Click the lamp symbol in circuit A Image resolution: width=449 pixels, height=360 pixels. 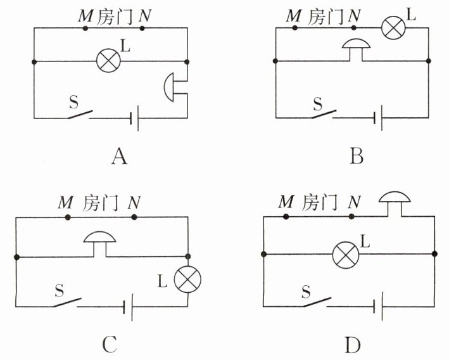pyautogui.click(x=108, y=60)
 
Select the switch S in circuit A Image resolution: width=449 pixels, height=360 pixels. pyautogui.click(x=80, y=114)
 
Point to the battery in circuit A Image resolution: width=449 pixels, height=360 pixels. pyautogui.click(x=135, y=118)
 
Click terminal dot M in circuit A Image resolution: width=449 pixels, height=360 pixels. pyautogui.click(x=85, y=28)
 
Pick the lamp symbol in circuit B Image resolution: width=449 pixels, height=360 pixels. pyautogui.click(x=393, y=27)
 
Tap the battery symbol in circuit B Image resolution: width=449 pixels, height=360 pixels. pyautogui.click(x=378, y=118)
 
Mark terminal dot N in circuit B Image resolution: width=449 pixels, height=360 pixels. pyautogui.click(x=354, y=28)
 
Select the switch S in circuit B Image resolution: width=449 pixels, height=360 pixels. pyautogui.click(x=324, y=114)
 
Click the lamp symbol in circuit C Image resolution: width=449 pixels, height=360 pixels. pyautogui.click(x=187, y=280)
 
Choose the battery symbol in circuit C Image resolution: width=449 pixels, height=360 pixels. pyautogui.click(x=128, y=307)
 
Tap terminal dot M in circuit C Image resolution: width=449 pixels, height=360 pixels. pyautogui.click(x=68, y=217)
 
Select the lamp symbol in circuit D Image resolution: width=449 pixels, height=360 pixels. pyautogui.click(x=346, y=255)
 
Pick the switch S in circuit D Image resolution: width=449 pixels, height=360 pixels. pyautogui.click(x=317, y=302)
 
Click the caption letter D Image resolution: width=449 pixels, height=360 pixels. pyautogui.click(x=353, y=345)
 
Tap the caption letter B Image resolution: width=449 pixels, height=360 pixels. pyautogui.click(x=357, y=157)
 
